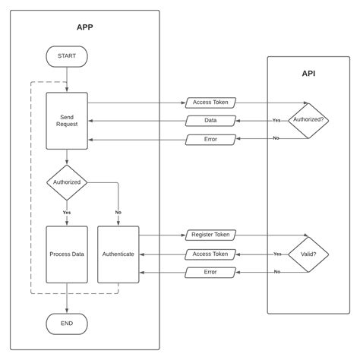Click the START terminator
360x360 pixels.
tap(67, 56)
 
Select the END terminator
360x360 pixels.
tap(67, 324)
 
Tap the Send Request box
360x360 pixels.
tap(67, 121)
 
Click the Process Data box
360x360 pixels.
tap(67, 254)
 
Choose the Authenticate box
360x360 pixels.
tap(118, 254)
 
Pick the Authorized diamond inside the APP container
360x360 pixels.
tap(67, 182)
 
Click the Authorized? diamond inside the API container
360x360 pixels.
tap(308, 120)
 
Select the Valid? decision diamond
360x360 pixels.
tap(308, 254)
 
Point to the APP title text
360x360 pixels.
tap(85, 27)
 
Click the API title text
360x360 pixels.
tap(308, 74)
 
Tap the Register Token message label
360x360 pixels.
tap(210, 235)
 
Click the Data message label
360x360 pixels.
tap(210, 121)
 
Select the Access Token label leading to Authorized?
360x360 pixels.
tap(210, 103)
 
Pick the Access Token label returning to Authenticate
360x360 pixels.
tap(210, 254)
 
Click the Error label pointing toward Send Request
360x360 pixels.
tap(210, 139)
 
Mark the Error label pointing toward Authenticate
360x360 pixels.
tap(210, 272)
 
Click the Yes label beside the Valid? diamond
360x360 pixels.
tap(277, 254)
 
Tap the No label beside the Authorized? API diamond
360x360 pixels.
tap(276, 138)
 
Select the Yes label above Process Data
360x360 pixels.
tap(67, 212)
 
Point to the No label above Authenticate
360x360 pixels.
tap(118, 212)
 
